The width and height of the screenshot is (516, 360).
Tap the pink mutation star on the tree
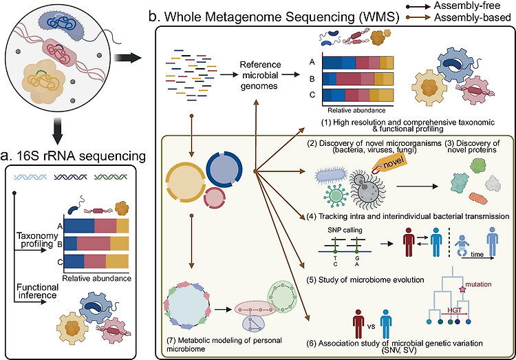462,290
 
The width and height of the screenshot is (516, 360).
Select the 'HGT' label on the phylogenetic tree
454,310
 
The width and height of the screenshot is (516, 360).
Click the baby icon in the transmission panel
462,246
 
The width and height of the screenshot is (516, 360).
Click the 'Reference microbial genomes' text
260,75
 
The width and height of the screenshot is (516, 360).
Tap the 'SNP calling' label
345,230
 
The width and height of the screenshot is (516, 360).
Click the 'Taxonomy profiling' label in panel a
37,240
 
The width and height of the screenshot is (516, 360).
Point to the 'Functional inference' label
38,291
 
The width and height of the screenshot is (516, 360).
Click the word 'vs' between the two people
372,326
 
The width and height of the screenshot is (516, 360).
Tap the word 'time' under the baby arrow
477,254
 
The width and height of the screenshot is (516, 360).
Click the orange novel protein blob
478,198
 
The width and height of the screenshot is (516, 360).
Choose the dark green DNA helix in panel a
111,177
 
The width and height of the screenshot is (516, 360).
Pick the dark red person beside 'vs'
358,323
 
